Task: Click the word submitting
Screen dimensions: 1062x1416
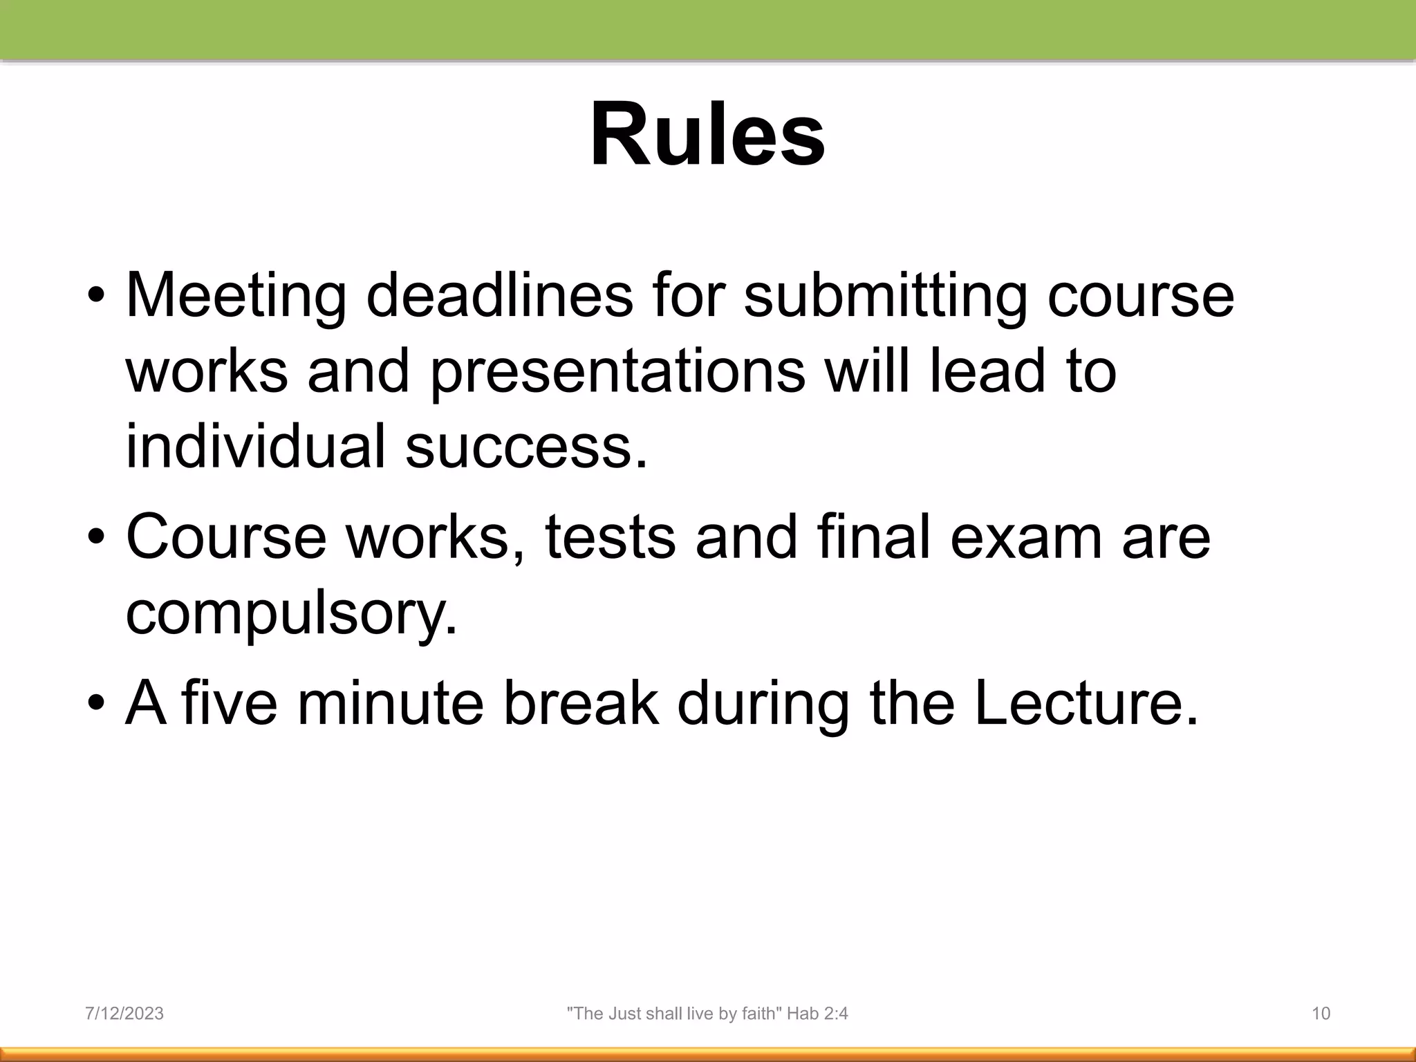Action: [x=886, y=296]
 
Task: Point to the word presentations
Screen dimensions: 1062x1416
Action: [x=617, y=372]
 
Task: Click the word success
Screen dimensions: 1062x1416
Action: [x=525, y=446]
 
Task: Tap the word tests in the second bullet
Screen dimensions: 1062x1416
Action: [x=610, y=537]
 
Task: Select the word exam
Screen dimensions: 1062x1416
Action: [x=1026, y=537]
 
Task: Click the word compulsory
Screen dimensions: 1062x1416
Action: [x=291, y=614]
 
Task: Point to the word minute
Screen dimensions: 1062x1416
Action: [x=391, y=703]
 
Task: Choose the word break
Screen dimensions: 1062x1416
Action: [x=581, y=703]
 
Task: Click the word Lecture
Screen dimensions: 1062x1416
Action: [x=1086, y=703]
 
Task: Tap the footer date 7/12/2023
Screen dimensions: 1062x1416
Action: [x=124, y=1014]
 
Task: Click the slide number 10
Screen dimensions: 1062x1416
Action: [x=1321, y=1014]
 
